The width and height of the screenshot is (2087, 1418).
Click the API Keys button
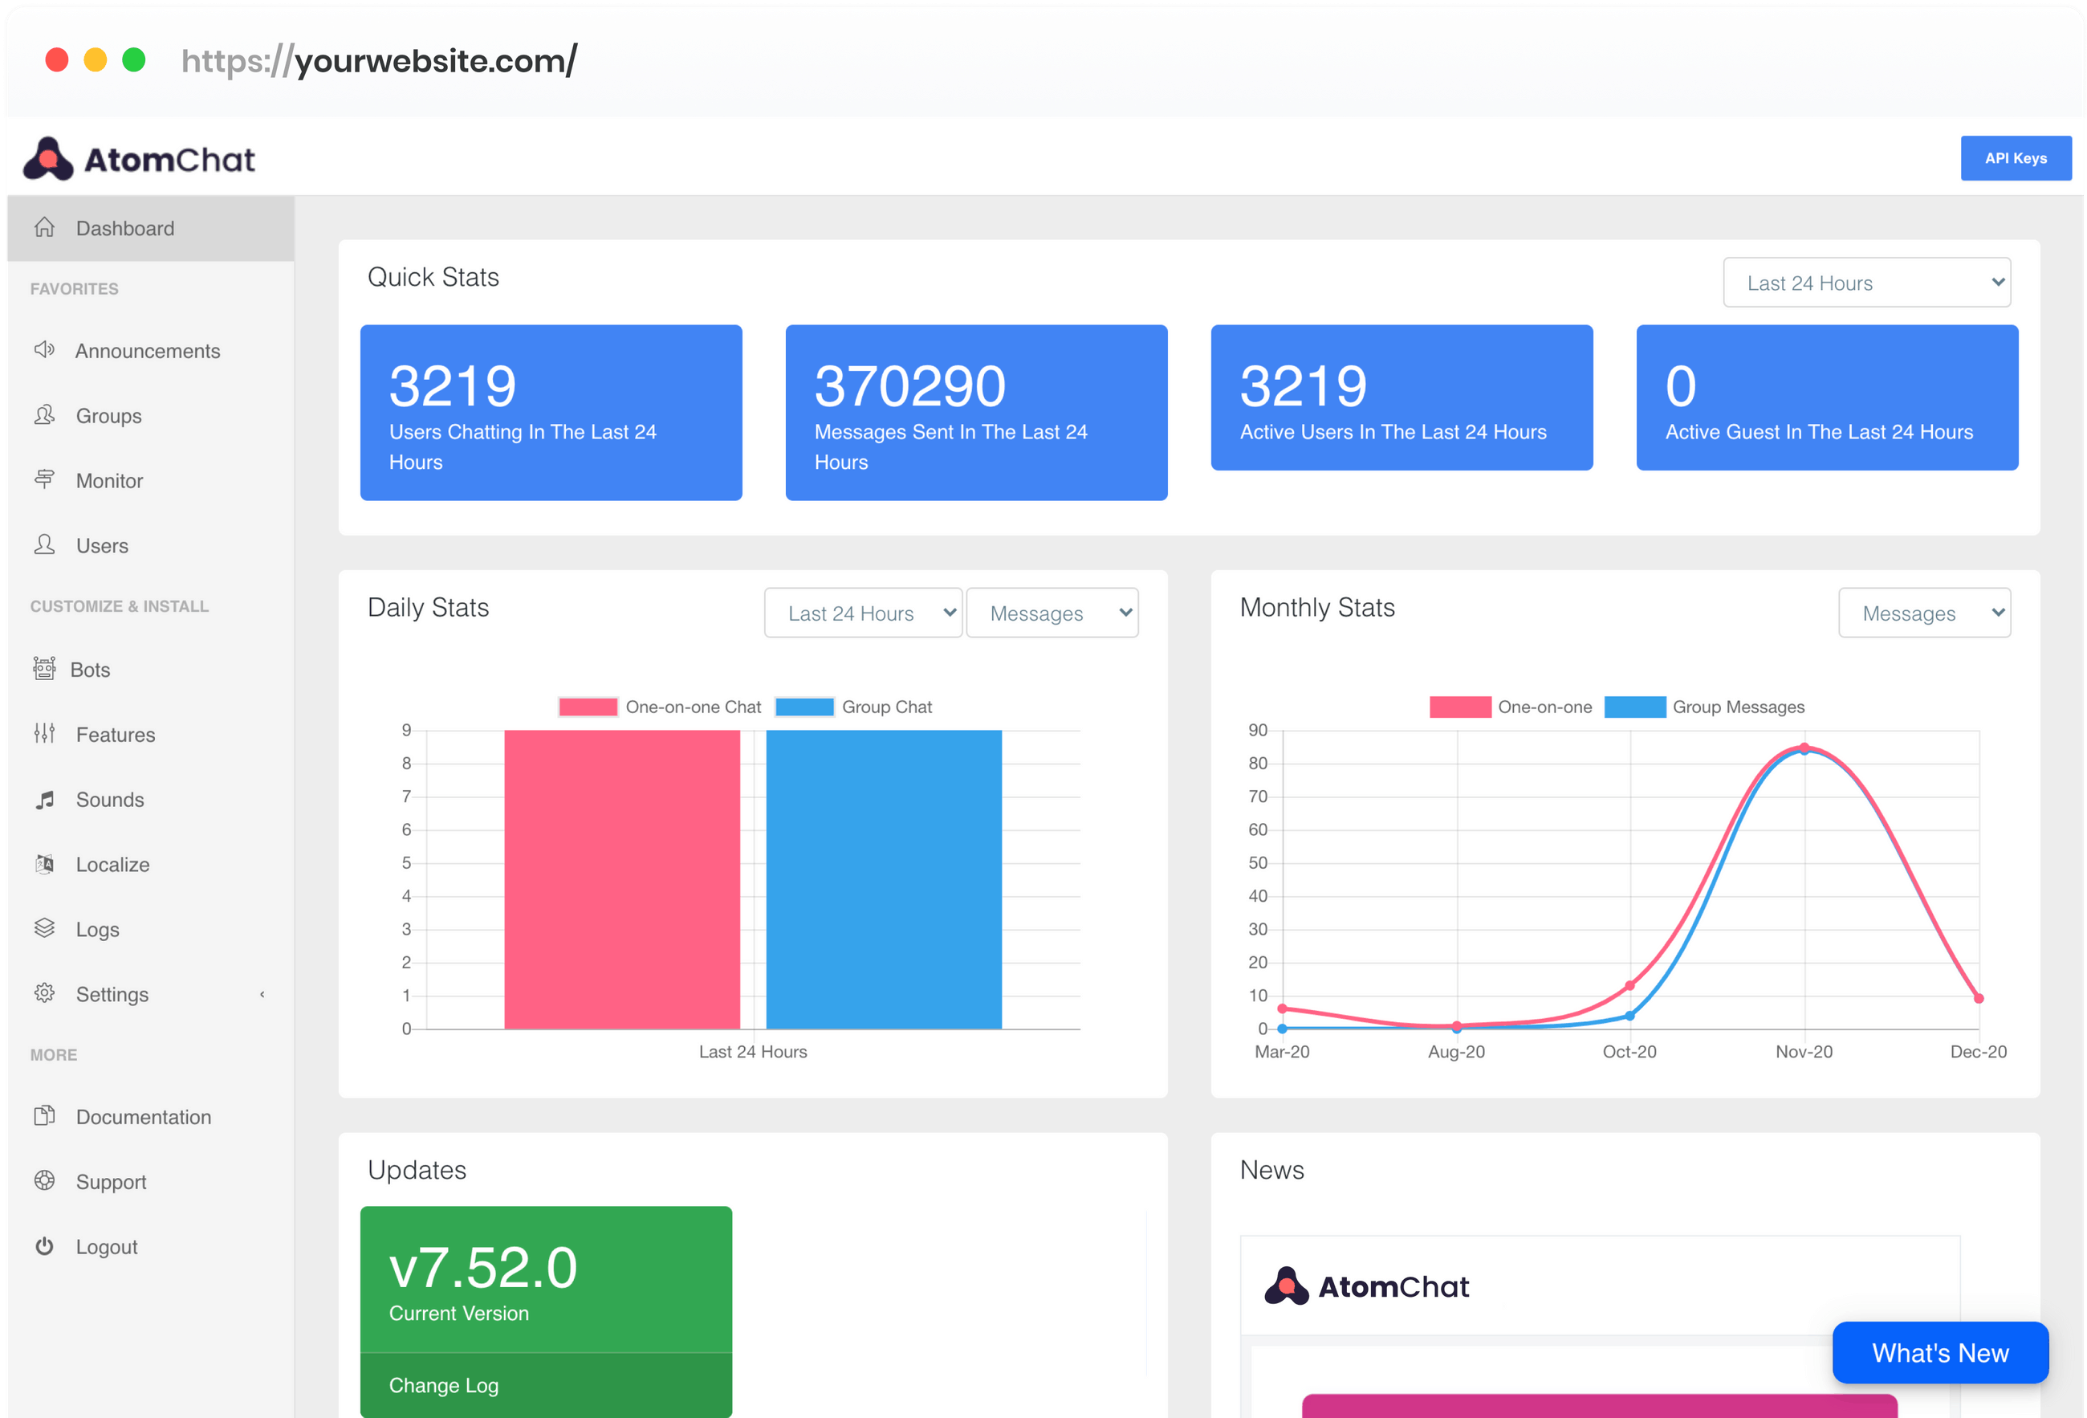[x=2015, y=158]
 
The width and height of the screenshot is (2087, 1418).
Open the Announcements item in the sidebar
[x=147, y=351]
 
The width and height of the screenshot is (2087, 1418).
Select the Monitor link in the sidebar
[x=108, y=480]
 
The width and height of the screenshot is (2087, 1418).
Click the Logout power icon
[x=44, y=1245]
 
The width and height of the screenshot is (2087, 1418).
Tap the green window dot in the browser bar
[x=134, y=60]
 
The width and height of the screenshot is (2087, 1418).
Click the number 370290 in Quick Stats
[x=909, y=386]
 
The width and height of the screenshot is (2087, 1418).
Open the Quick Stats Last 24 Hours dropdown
[x=1865, y=283]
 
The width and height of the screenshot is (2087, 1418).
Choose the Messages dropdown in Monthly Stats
[x=1923, y=613]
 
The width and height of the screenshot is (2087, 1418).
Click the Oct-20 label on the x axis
[x=1629, y=1052]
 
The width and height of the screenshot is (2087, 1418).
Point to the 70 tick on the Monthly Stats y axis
[x=1257, y=797]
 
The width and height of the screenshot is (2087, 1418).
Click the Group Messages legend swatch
[x=1634, y=707]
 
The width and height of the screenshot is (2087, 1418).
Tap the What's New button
[x=1940, y=1352]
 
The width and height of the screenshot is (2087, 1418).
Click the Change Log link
[x=444, y=1385]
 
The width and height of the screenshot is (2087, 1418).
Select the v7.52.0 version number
[x=483, y=1268]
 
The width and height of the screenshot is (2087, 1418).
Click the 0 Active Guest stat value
[x=1680, y=386]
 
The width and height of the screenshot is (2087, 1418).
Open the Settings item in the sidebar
[x=112, y=994]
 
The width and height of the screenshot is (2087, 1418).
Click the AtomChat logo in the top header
[x=139, y=159]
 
